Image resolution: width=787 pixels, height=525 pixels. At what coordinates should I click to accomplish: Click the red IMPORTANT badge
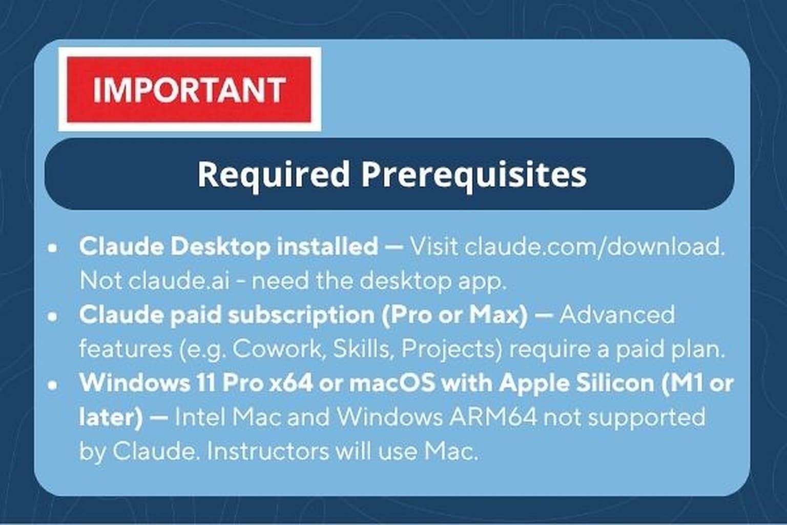click(x=189, y=89)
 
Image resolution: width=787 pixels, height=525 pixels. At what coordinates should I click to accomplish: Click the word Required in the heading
click(x=274, y=175)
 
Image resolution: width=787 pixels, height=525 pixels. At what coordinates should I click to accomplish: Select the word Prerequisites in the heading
click(x=474, y=175)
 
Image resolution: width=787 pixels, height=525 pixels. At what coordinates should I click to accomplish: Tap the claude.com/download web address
click(x=594, y=247)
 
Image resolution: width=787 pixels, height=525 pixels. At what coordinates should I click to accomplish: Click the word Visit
click(x=434, y=247)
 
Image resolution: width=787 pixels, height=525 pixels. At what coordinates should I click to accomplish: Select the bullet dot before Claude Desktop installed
click(x=53, y=248)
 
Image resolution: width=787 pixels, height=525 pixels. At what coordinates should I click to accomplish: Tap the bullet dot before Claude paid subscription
click(x=53, y=316)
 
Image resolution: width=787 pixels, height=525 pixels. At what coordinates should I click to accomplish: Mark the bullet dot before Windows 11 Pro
click(x=53, y=385)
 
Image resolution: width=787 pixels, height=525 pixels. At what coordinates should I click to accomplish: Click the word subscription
click(x=301, y=315)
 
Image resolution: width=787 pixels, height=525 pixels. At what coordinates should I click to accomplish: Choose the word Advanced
click(x=617, y=314)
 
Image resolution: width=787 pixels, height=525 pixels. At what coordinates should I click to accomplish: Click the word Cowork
click(x=277, y=349)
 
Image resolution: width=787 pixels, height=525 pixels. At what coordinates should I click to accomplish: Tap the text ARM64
click(x=493, y=417)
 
